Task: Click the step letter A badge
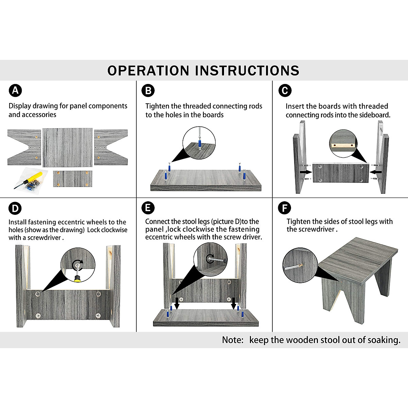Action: pos(15,90)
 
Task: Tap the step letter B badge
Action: pos(148,90)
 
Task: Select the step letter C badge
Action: pos(285,90)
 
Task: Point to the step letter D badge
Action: pos(15,208)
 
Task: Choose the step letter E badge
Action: pos(148,208)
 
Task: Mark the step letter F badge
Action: pos(285,208)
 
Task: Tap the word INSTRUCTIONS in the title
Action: pos(247,71)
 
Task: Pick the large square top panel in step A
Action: pos(67,147)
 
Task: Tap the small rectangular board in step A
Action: pos(73,178)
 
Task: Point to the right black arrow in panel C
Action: pos(375,172)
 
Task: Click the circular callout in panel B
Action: pos(199,142)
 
